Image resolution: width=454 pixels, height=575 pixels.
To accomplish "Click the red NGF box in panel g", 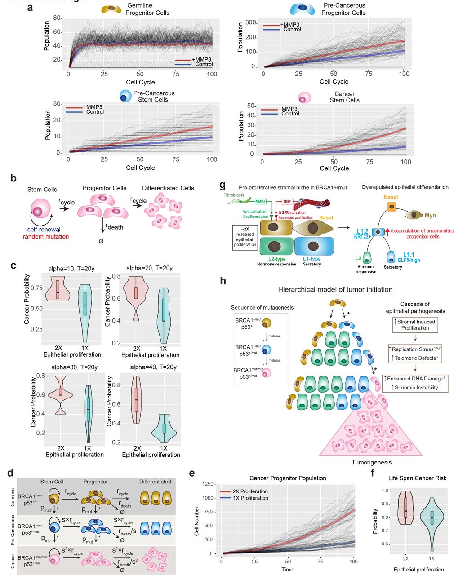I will point(288,202).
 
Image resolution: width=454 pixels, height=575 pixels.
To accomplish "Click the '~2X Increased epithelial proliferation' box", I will point(245,237).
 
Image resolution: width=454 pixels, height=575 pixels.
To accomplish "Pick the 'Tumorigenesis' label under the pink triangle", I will point(371,462).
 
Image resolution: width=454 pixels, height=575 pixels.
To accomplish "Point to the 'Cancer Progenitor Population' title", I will point(288,478).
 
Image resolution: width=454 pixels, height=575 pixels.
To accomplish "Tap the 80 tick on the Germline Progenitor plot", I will point(57,18).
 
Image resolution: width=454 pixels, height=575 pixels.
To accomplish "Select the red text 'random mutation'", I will point(46,236).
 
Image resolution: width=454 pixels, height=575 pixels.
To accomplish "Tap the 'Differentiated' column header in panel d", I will point(155,482).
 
